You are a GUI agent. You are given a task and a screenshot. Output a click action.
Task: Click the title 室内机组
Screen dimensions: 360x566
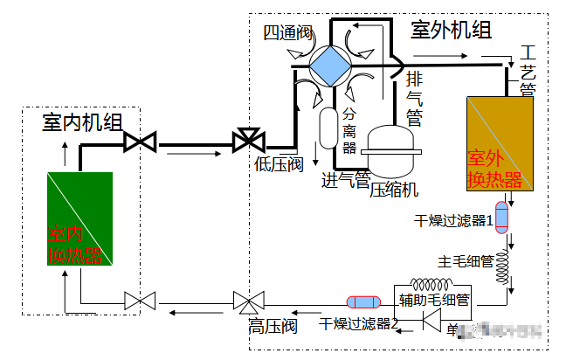(82, 122)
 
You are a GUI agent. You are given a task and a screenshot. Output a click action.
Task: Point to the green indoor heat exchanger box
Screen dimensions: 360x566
(80, 218)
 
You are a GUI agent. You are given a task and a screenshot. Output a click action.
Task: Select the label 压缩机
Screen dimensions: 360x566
(395, 188)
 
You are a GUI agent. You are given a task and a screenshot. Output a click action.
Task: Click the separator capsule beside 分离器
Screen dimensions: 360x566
(328, 128)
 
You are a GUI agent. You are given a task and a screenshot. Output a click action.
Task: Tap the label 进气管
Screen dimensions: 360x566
(346, 180)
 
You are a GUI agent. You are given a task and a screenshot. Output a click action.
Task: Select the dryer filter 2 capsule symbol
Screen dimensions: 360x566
(365, 301)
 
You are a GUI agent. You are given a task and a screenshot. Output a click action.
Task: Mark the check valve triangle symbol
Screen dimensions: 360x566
(430, 322)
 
